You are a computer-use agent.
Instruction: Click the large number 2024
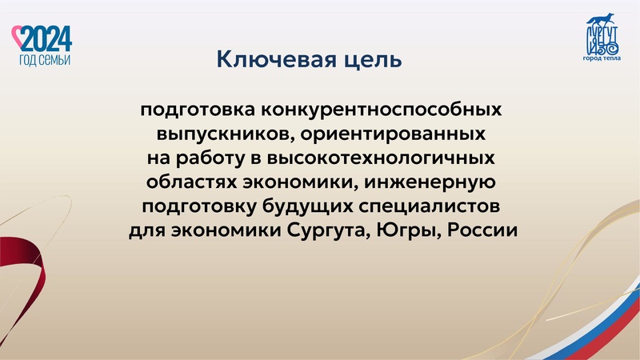46,38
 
